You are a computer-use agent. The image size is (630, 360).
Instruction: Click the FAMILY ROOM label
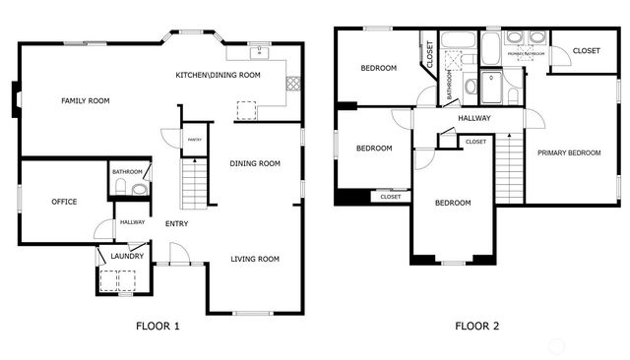tap(85, 100)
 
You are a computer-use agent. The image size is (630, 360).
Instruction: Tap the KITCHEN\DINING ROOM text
tap(218, 76)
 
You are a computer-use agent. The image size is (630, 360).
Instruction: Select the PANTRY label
tap(195, 140)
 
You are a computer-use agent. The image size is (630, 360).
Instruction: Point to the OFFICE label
tap(64, 202)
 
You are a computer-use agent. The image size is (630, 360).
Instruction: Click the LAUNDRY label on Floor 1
tap(127, 257)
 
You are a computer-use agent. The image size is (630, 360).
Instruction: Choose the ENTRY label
tap(177, 223)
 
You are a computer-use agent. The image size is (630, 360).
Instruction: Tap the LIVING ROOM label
tap(255, 259)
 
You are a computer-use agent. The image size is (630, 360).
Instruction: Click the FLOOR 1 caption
tap(157, 326)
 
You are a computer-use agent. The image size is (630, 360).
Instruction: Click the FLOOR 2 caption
tap(476, 326)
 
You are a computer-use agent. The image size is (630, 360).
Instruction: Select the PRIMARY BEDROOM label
tap(569, 152)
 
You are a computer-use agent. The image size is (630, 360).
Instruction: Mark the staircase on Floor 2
tap(506, 167)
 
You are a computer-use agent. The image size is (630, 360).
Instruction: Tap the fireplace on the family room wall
tap(15, 101)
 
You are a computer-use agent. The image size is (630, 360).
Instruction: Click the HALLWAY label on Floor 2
tap(474, 119)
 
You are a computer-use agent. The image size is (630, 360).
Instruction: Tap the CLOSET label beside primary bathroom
tap(587, 50)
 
